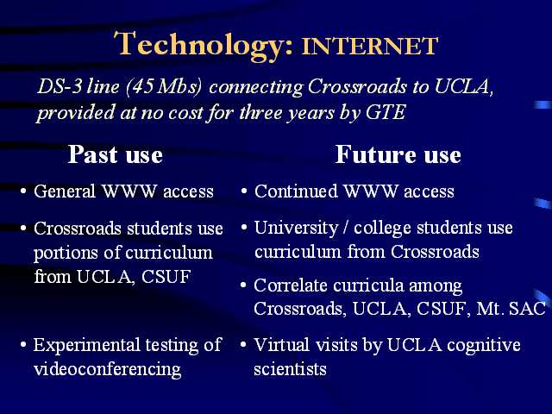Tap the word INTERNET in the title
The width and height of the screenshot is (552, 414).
tap(370, 46)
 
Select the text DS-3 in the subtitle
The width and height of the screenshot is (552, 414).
tap(60, 86)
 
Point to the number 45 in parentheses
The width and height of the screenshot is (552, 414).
tap(143, 86)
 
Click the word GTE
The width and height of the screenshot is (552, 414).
tap(386, 112)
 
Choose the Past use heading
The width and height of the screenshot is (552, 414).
tap(115, 154)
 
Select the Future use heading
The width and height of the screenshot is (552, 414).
tap(398, 154)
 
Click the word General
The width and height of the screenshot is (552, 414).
tap(65, 191)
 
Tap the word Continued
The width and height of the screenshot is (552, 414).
tap(296, 191)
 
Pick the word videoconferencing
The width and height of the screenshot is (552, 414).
tap(107, 370)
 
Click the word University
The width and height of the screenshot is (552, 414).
tap(296, 228)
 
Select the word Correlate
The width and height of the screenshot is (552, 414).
tap(291, 285)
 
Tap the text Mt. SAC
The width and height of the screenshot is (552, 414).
tap(511, 309)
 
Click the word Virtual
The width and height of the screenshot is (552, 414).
tap(282, 344)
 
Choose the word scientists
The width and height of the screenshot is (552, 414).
tap(290, 369)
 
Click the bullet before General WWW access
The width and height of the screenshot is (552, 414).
tap(23, 191)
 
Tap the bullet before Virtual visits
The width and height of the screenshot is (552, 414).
tap(243, 344)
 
